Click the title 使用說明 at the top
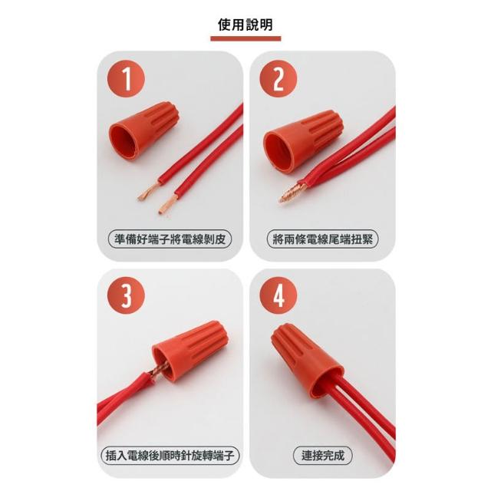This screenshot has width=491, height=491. pyautogui.click(x=245, y=25)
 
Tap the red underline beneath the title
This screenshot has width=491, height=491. pyautogui.click(x=245, y=39)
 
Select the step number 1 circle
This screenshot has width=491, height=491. pyautogui.click(x=126, y=78)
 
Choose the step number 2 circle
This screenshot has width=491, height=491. pyautogui.click(x=278, y=78)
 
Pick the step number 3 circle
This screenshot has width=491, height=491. pyautogui.click(x=126, y=295)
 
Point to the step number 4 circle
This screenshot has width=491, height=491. pyautogui.click(x=278, y=295)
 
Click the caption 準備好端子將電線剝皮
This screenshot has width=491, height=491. pyautogui.click(x=170, y=239)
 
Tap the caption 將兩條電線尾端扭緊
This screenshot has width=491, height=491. pyautogui.click(x=322, y=239)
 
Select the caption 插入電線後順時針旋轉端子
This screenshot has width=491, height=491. pyautogui.click(x=170, y=456)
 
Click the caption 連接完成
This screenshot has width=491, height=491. pyautogui.click(x=322, y=456)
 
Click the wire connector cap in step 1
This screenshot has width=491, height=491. pyautogui.click(x=144, y=130)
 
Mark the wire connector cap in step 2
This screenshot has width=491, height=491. pyautogui.click(x=303, y=140)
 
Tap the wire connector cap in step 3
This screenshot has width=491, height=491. pyautogui.click(x=189, y=350)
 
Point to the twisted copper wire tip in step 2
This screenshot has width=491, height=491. pyautogui.click(x=292, y=193)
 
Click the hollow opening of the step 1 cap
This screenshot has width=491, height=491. pyautogui.click(x=124, y=141)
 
